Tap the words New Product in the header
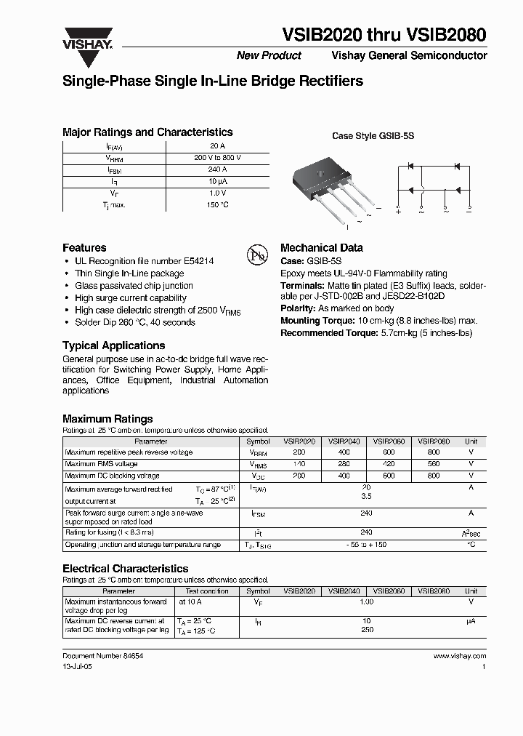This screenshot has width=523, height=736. [x=269, y=56]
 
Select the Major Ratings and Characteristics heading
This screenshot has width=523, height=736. [x=147, y=132]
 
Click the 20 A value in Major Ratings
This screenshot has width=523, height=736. [x=217, y=146]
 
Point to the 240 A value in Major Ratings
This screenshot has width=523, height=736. [x=217, y=169]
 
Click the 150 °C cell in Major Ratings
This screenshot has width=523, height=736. [x=217, y=205]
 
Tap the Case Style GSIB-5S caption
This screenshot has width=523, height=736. [x=373, y=136]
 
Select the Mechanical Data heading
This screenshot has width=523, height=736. [x=321, y=248]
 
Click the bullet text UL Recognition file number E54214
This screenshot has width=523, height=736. [x=144, y=260]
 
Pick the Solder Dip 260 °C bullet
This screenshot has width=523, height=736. [x=134, y=322]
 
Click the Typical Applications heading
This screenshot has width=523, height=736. [x=113, y=345]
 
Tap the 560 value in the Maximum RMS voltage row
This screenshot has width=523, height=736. [x=434, y=463]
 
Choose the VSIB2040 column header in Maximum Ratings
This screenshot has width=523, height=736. [x=344, y=441]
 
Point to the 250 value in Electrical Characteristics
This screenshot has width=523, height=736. [x=367, y=630]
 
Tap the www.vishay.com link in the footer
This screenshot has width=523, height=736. [x=459, y=655]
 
